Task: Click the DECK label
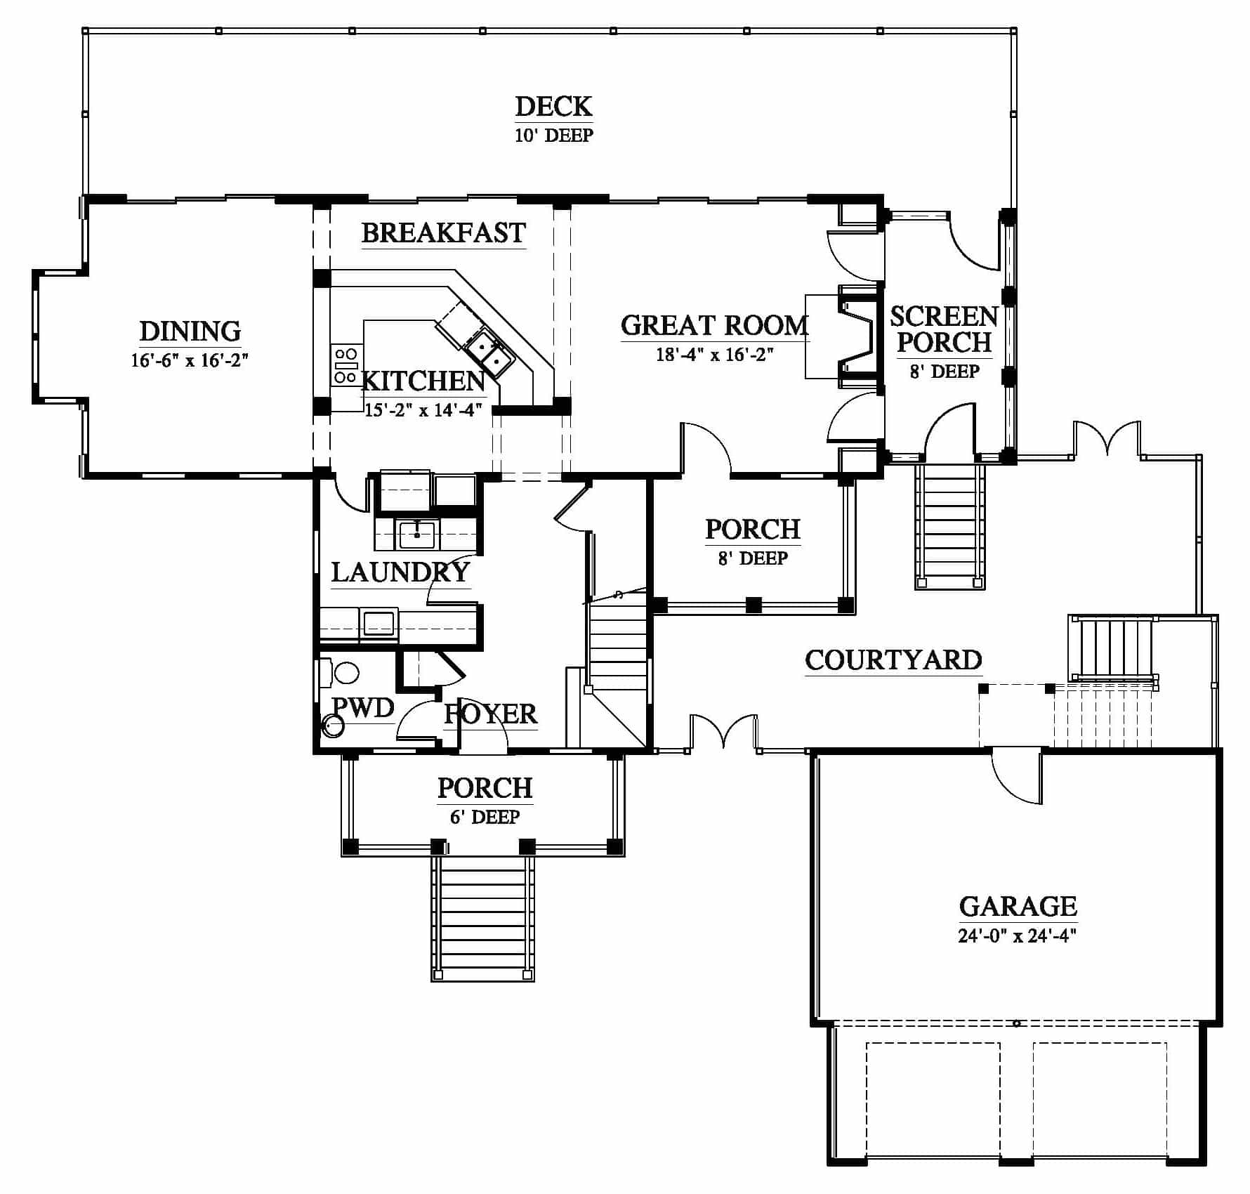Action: pos(553,107)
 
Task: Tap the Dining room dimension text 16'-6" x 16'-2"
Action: pos(190,360)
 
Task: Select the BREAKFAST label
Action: pos(444,232)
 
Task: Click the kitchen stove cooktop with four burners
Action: pos(346,365)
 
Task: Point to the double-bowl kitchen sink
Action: pos(489,353)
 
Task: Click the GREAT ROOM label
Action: pos(715,325)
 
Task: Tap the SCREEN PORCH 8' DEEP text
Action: pos(944,342)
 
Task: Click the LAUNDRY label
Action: pos(400,572)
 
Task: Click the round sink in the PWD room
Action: pos(333,726)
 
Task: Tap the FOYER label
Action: pos(490,714)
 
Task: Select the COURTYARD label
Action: pos(893,660)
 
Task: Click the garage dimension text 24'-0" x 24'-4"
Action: pos(1018,936)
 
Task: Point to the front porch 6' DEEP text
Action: pos(485,817)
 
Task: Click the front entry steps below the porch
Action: pos(483,917)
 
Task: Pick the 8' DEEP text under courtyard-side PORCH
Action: pos(753,558)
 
